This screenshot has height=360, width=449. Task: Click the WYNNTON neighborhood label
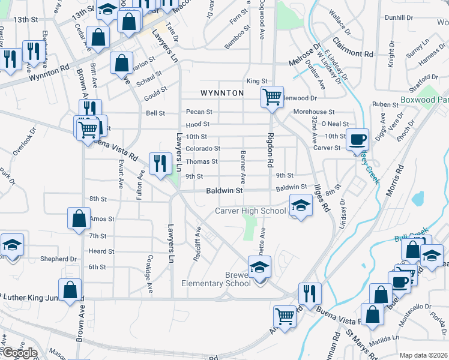coord(222,93)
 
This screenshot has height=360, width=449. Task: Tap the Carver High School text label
coord(250,211)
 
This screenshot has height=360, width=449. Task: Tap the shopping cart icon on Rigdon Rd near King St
coord(272,97)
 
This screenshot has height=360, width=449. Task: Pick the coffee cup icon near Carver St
coord(358,139)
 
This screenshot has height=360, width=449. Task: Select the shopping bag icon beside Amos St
coord(79,218)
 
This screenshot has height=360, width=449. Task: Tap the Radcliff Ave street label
coord(197,241)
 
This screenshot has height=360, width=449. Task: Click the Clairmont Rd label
coord(353,53)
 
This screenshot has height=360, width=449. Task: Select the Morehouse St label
coord(313,112)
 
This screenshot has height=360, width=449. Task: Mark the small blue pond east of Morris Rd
coord(418,197)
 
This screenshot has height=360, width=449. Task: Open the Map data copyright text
coord(423,355)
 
